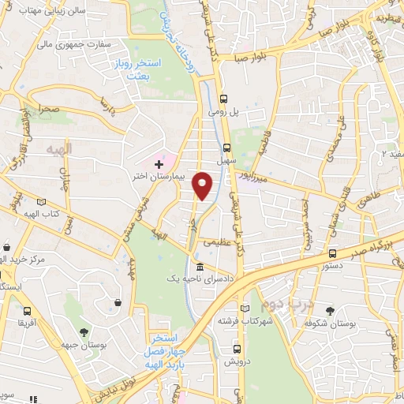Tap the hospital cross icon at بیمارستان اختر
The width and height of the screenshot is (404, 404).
tap(159, 163)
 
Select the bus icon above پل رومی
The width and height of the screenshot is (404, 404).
tap(224, 99)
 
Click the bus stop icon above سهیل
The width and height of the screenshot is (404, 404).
tap(227, 148)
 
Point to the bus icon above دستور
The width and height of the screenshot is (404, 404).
tap(332, 254)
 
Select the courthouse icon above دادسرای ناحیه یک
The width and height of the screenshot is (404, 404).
tap(199, 267)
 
